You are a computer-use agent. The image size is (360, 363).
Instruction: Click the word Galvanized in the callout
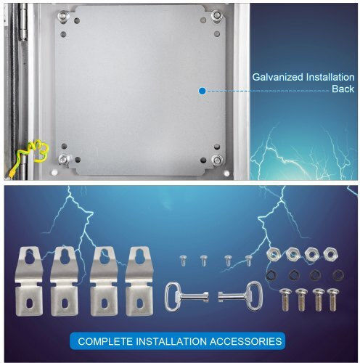click(277, 78)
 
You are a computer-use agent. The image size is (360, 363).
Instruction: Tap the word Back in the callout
click(343, 89)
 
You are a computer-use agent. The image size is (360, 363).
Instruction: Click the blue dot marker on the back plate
click(202, 91)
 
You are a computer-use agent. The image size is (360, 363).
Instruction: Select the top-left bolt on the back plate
click(63, 16)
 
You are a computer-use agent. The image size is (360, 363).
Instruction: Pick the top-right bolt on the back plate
click(216, 16)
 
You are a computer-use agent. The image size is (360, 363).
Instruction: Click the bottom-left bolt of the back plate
click(64, 160)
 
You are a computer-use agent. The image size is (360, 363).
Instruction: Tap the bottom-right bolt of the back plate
click(217, 160)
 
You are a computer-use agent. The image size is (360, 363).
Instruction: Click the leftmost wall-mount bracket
click(29, 281)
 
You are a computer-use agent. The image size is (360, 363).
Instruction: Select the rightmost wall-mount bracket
click(139, 281)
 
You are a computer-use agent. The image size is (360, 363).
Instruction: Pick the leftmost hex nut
click(274, 255)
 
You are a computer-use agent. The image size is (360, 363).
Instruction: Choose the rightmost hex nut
click(331, 254)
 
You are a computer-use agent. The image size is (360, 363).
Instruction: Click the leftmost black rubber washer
click(271, 275)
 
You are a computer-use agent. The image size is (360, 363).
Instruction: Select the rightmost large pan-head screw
click(333, 300)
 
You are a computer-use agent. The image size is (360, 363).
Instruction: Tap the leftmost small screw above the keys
click(184, 261)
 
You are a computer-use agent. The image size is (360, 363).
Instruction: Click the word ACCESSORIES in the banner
click(245, 341)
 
